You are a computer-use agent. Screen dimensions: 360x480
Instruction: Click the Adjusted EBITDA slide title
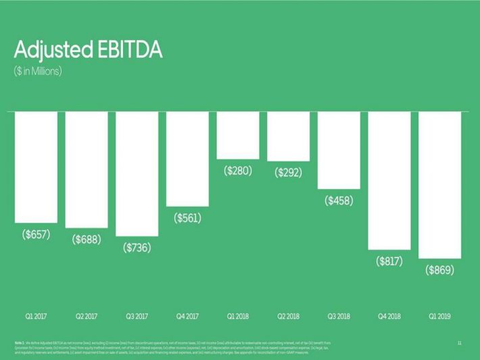click(88, 51)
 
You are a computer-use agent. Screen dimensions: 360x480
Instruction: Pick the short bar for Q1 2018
click(238, 135)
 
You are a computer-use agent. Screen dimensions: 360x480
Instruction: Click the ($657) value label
click(36, 234)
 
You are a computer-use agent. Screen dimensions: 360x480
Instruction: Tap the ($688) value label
click(87, 240)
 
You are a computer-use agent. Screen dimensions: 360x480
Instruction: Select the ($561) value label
click(187, 217)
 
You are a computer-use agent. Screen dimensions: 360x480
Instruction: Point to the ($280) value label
click(238, 171)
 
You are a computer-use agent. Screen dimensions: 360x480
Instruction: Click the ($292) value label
click(288, 172)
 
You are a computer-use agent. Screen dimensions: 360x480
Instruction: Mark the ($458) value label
click(339, 201)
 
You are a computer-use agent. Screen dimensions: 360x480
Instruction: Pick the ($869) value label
click(439, 270)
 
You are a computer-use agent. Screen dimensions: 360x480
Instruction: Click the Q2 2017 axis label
click(87, 316)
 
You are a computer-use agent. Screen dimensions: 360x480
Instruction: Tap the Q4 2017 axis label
click(187, 316)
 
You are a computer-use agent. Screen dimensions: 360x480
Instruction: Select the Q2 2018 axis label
click(288, 316)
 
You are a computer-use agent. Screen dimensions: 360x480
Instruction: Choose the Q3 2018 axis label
click(339, 316)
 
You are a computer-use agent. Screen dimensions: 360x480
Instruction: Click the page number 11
click(459, 344)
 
